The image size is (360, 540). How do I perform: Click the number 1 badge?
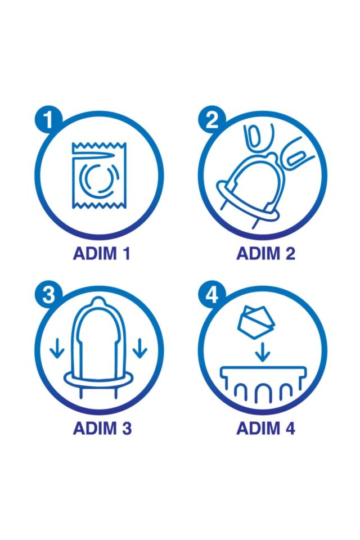(x=48, y=119)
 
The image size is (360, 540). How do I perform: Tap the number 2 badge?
(x=211, y=119)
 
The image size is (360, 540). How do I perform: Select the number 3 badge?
(x=48, y=294)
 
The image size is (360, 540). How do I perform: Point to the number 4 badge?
(x=211, y=294)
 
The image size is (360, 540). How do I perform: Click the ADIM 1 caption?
(x=102, y=254)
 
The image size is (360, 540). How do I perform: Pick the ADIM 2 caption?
(x=265, y=254)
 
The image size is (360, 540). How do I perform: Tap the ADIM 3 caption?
(x=102, y=428)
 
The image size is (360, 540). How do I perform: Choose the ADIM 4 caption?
(x=265, y=428)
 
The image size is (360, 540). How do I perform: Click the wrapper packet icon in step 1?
(x=99, y=175)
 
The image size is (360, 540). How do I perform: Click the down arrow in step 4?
(x=263, y=352)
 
